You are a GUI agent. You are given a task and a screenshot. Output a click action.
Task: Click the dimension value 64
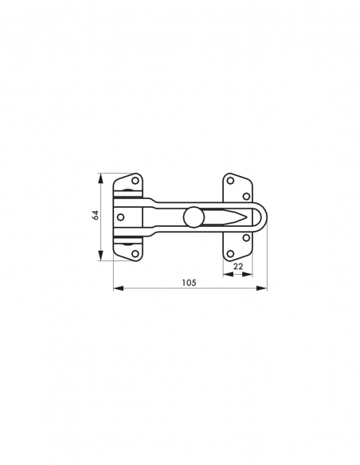point(94,216)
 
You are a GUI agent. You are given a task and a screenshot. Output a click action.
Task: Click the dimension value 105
point(189,282)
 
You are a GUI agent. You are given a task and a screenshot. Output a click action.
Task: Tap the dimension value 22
point(237,267)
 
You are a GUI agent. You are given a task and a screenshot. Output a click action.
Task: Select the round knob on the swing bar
point(192,216)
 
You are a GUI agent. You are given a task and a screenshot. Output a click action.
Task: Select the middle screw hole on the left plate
point(121,216)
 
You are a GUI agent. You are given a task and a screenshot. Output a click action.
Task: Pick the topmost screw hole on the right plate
point(230,179)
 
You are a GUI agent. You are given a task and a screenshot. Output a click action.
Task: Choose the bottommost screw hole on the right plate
point(230,253)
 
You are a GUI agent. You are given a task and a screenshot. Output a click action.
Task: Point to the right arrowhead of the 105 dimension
point(264,288)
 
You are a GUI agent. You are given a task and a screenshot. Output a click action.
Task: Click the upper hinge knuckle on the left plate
point(127,194)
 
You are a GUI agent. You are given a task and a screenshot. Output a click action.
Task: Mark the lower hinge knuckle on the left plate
point(127,238)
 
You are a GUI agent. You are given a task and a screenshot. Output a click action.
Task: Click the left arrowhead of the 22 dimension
point(225,274)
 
